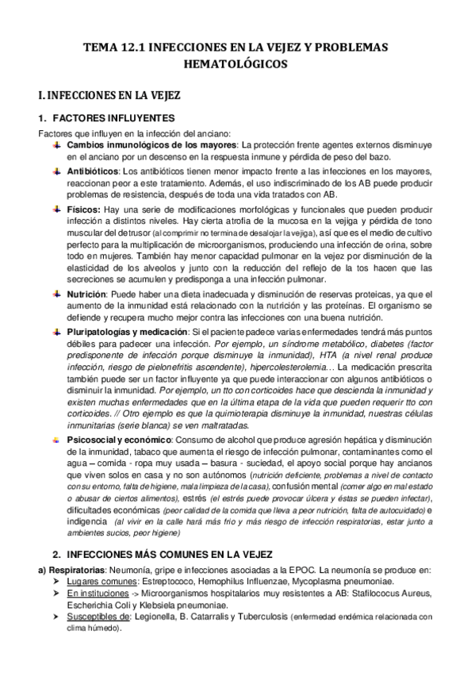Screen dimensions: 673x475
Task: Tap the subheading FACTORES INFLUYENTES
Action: (111, 119)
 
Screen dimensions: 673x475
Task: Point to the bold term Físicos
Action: (82, 208)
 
